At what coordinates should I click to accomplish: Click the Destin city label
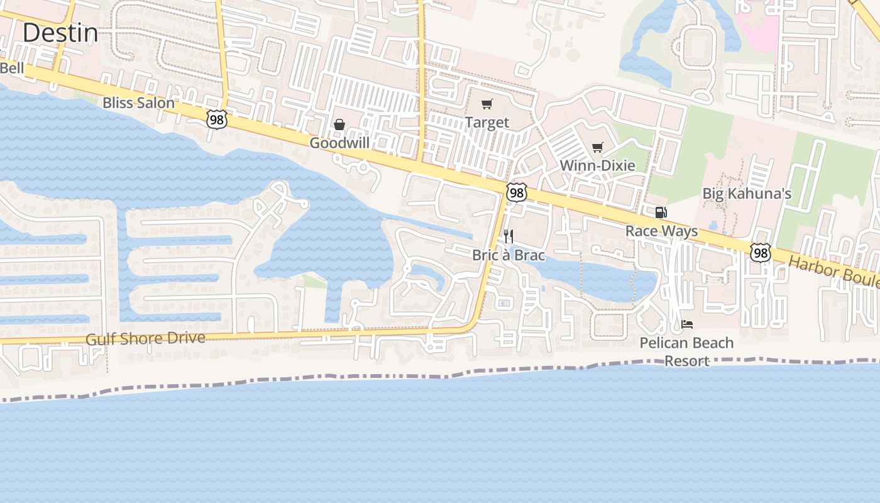pyautogui.click(x=60, y=33)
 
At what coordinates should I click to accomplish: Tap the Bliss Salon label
pyautogui.click(x=138, y=102)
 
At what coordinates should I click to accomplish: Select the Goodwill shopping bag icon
pyautogui.click(x=339, y=124)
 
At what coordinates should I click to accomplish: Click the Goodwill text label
pyautogui.click(x=339, y=143)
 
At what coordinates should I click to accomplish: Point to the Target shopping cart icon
pyautogui.click(x=487, y=104)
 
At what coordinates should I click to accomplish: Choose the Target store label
pyautogui.click(x=487, y=123)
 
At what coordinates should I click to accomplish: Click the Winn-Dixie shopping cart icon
pyautogui.click(x=597, y=148)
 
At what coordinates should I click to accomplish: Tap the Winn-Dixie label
pyautogui.click(x=597, y=165)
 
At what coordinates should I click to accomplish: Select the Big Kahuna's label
pyautogui.click(x=747, y=194)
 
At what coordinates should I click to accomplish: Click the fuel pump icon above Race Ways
pyautogui.click(x=661, y=213)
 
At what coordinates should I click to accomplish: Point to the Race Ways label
pyautogui.click(x=661, y=231)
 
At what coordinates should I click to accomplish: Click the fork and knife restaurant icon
pyautogui.click(x=509, y=236)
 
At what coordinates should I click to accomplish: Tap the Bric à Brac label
pyautogui.click(x=509, y=256)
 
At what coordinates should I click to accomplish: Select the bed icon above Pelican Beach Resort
pyautogui.click(x=687, y=324)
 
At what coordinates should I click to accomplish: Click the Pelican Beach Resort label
pyautogui.click(x=686, y=351)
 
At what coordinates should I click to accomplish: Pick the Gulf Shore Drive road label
pyautogui.click(x=145, y=338)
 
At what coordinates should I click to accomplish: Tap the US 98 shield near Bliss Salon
pyautogui.click(x=216, y=119)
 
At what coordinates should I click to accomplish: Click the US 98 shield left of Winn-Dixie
pyautogui.click(x=517, y=192)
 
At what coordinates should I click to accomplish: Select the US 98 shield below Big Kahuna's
pyautogui.click(x=761, y=253)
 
